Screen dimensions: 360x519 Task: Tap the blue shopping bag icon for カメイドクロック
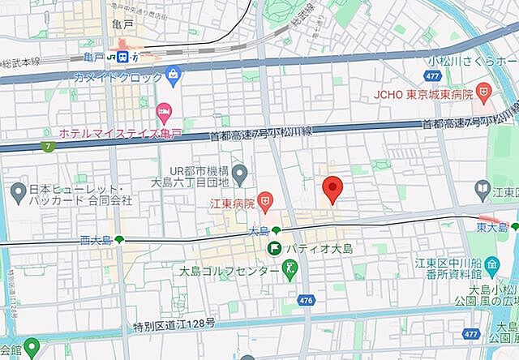[173, 76]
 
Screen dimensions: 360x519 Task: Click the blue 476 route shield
[306, 300]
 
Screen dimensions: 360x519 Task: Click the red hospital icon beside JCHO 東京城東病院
[483, 93]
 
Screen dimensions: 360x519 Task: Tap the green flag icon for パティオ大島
[276, 247]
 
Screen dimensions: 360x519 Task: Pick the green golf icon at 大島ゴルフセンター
[286, 270]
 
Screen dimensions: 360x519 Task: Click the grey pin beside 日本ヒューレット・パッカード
[18, 193]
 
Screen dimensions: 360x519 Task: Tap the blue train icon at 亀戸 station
[122, 57]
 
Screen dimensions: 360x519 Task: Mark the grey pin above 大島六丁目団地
[239, 173]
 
